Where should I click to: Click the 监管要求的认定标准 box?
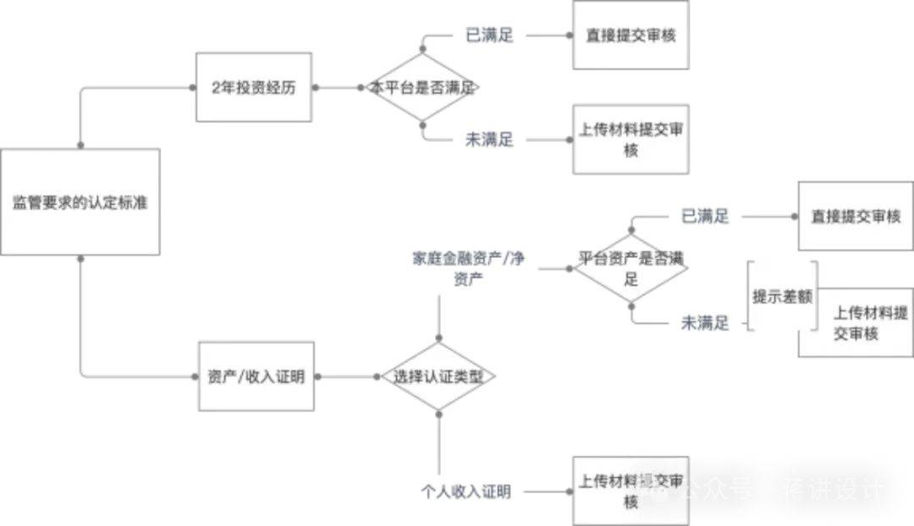tap(80, 202)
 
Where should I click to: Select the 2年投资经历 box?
tap(254, 87)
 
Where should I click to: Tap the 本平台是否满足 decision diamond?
tap(423, 87)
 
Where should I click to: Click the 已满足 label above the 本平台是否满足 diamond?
tap(489, 36)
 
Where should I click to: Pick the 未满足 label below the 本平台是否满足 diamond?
tap(489, 140)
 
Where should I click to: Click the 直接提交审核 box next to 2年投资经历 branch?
tap(630, 36)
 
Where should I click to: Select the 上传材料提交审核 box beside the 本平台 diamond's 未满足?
tap(630, 140)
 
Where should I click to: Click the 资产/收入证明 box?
tap(255, 376)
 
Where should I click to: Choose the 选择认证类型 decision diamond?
tap(438, 376)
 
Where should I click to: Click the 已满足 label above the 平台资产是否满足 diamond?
tap(705, 216)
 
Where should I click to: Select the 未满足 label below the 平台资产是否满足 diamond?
tap(705, 323)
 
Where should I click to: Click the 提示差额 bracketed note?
tap(783, 297)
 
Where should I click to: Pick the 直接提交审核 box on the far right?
tap(855, 216)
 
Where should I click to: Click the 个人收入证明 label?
tap(466, 491)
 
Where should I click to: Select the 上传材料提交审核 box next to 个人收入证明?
tap(630, 491)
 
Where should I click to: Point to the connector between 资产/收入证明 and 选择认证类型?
tap(347, 376)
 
